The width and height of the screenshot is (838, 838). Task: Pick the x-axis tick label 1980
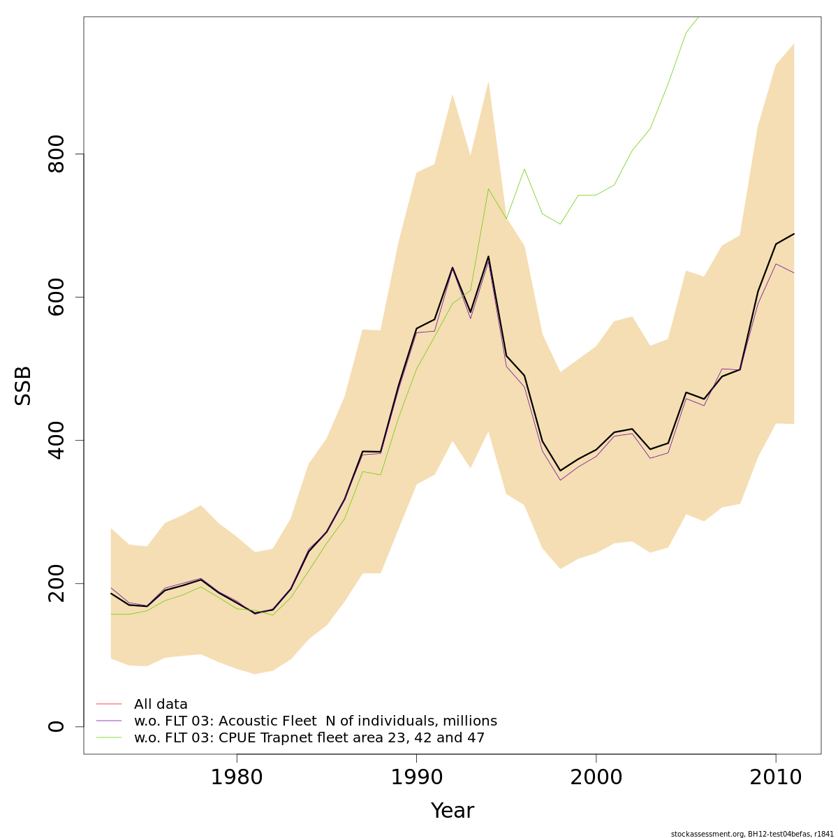pyautogui.click(x=237, y=777)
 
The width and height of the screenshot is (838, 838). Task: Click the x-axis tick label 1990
pyautogui.click(x=416, y=777)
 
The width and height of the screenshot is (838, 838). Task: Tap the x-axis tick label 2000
pyautogui.click(x=596, y=777)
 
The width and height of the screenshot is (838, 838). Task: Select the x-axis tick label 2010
pyautogui.click(x=775, y=777)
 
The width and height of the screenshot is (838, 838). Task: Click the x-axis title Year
pyautogui.click(x=452, y=811)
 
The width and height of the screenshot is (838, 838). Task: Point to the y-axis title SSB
pyautogui.click(x=24, y=385)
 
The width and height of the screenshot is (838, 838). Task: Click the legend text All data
pyautogui.click(x=161, y=704)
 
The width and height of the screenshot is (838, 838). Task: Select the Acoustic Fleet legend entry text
pyautogui.click(x=315, y=721)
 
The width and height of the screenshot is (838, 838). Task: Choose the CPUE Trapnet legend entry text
pyautogui.click(x=309, y=737)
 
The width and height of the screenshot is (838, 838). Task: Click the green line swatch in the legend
pyautogui.click(x=109, y=737)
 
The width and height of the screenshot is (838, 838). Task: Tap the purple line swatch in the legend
pyautogui.click(x=109, y=721)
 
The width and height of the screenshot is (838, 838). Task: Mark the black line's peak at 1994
pyautogui.click(x=488, y=256)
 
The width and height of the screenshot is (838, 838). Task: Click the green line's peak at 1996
pyautogui.click(x=524, y=169)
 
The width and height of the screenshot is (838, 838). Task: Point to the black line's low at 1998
pyautogui.click(x=560, y=471)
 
